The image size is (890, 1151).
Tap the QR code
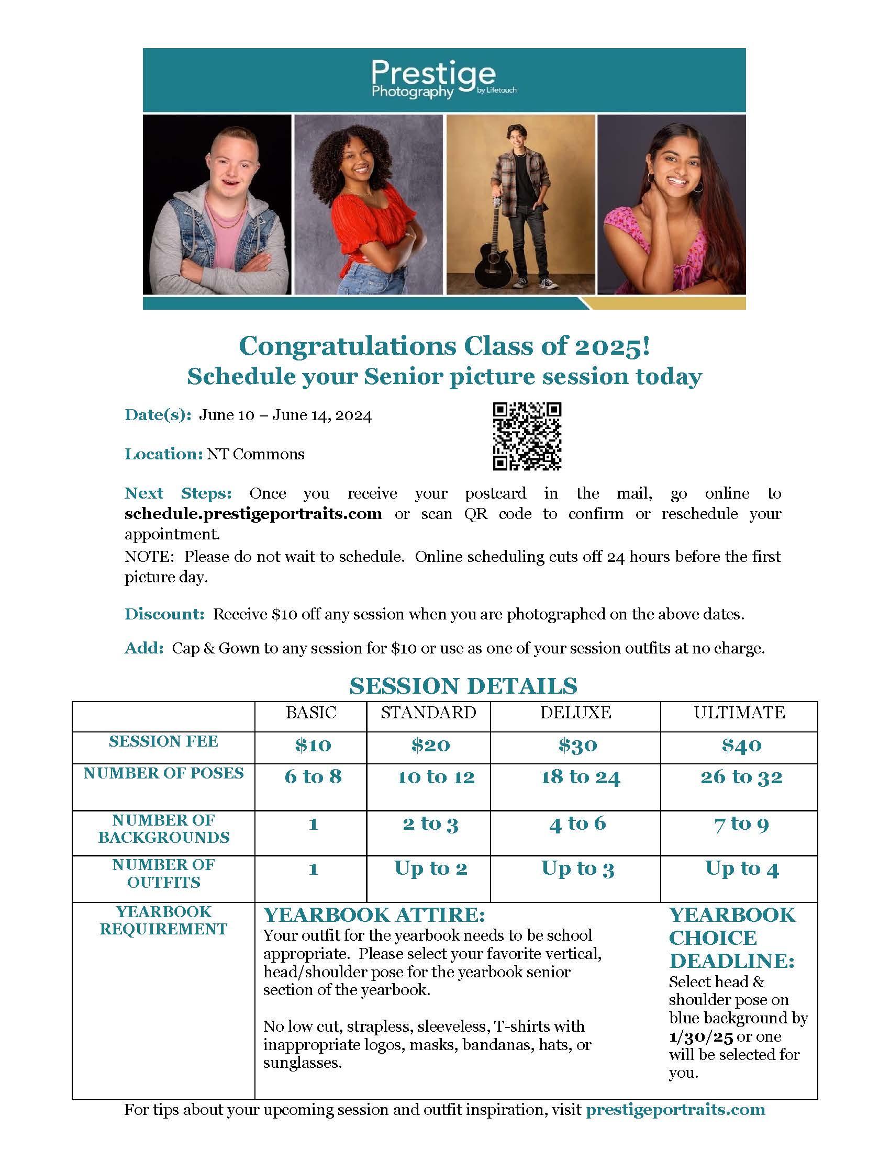pos(527,436)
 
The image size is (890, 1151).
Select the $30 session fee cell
pos(577,745)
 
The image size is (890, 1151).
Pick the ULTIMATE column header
pos(739,713)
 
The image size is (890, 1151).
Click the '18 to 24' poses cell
pos(580,777)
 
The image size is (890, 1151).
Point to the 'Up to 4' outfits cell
pos(741,868)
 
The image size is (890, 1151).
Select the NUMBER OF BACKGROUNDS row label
pos(163,829)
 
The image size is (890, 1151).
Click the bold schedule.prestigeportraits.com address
pos(253,513)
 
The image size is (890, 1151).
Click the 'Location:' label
pos(163,454)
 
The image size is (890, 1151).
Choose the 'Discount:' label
pos(164,614)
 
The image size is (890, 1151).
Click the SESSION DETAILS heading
pos(463,686)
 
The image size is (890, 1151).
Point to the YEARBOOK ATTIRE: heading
pos(374,915)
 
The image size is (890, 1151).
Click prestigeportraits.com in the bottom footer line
pos(675,1109)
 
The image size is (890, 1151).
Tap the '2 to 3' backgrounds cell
pos(430,823)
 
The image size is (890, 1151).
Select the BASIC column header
pos(311,713)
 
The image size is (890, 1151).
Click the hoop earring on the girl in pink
pos(698,187)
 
